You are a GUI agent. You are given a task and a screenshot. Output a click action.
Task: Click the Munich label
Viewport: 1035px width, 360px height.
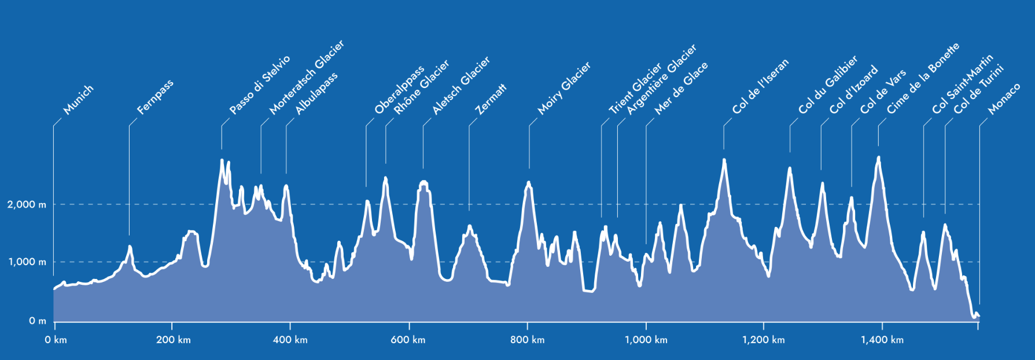[78, 100]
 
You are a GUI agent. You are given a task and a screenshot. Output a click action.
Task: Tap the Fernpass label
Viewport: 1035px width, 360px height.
[155, 97]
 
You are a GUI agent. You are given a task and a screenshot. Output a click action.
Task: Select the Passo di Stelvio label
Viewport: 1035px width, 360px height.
[260, 85]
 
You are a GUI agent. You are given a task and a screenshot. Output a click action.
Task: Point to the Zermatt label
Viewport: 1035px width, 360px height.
[491, 98]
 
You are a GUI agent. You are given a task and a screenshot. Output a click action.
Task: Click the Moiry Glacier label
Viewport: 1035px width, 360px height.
[564, 88]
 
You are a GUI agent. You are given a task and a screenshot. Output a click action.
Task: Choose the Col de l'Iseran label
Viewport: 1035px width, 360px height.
[760, 86]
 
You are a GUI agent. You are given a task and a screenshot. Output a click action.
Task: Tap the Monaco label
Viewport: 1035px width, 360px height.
[1004, 98]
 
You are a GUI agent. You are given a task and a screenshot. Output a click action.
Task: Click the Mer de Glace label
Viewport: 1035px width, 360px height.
[681, 88]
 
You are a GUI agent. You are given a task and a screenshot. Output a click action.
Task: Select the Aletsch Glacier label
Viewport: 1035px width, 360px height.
[461, 85]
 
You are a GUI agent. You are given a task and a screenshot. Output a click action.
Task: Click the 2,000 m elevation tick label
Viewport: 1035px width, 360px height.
[27, 205]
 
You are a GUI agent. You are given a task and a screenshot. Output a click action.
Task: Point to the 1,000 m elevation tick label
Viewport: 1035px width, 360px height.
[27, 262]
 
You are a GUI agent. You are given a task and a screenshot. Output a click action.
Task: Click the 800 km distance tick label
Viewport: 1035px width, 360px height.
[527, 340]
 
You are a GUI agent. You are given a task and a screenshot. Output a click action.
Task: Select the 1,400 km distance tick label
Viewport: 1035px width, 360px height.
[882, 340]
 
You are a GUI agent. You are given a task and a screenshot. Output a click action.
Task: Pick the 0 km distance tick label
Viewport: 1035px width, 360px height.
[56, 340]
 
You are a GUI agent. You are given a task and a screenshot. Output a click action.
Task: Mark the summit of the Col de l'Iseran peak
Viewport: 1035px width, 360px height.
[724, 160]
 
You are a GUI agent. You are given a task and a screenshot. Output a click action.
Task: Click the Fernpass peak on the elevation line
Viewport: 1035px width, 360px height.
[130, 247]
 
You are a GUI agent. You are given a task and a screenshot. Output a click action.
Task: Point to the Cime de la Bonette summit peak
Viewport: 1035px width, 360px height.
[878, 157]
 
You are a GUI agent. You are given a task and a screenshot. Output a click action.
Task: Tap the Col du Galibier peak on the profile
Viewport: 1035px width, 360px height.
[790, 168]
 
